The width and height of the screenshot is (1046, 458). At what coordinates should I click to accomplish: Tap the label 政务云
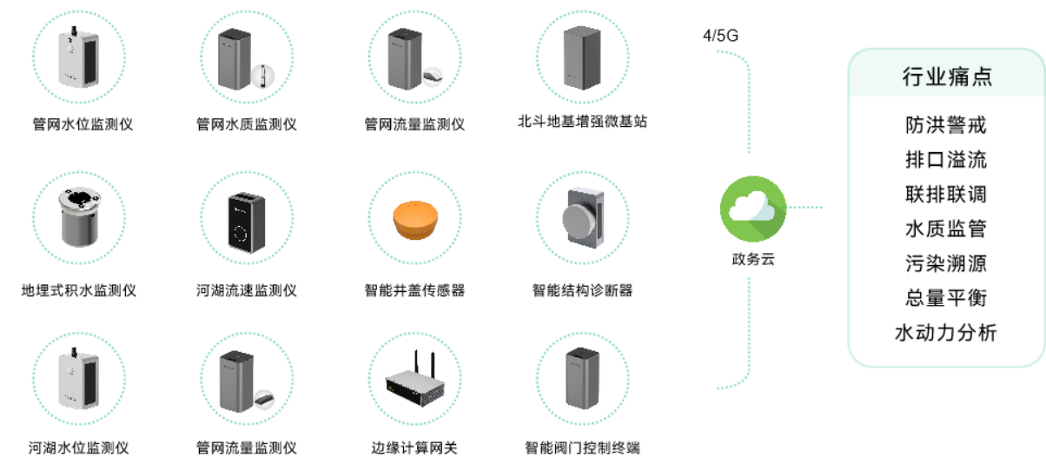752,260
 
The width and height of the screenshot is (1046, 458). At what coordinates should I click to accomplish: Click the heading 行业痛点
946,77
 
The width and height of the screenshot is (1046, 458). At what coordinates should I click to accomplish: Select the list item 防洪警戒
946,125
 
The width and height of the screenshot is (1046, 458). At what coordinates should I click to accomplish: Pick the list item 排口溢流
946,160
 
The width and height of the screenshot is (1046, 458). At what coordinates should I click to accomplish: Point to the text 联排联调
946,194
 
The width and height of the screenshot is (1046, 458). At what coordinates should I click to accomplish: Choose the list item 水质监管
946,229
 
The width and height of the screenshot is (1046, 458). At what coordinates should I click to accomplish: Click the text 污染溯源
946,263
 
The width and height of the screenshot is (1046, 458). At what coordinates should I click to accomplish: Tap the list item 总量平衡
946,297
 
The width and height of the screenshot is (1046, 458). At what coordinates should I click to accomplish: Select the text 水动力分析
946,332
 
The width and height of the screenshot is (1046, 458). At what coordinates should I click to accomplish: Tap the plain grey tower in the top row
581,56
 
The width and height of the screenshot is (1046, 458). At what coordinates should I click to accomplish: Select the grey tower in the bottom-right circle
581,379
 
